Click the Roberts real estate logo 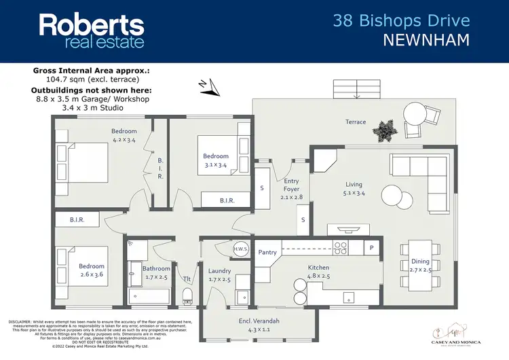click(x=92, y=31)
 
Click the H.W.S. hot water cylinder click(x=241, y=249)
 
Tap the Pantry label click(x=267, y=252)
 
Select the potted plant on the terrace click(x=388, y=129)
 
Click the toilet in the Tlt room click(x=189, y=294)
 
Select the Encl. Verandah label click(x=259, y=321)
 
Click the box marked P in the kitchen click(x=371, y=248)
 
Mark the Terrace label click(x=355, y=122)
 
